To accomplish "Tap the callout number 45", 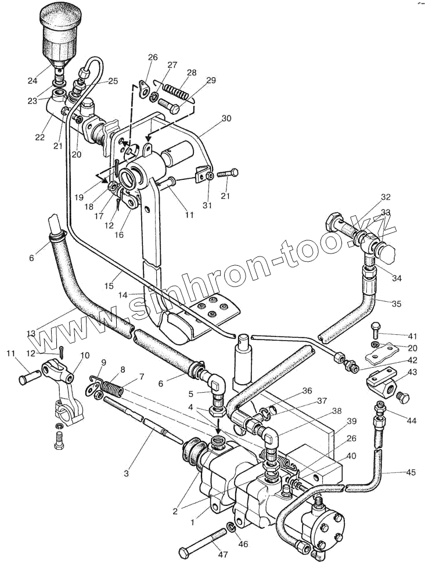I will pyautogui.click(x=410, y=472).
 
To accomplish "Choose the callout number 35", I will pyautogui.click(x=397, y=303).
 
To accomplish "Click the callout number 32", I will pyautogui.click(x=386, y=197).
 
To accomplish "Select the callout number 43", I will pyautogui.click(x=412, y=372).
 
